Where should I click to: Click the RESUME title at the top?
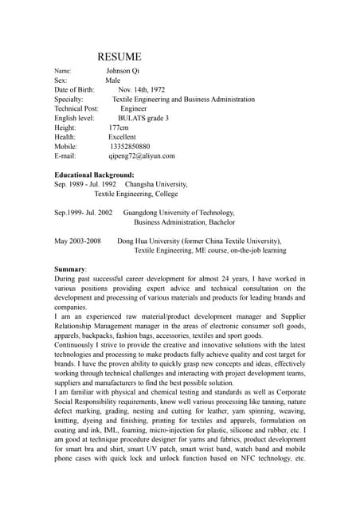[x=119, y=57]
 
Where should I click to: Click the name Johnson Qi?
[x=123, y=71]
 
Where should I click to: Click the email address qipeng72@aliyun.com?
[x=142, y=156]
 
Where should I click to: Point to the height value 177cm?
[x=119, y=127]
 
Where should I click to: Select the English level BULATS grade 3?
[x=143, y=118]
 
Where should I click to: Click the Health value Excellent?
[x=122, y=137]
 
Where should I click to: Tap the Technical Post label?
[x=76, y=108]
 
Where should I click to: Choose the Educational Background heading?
[x=94, y=175]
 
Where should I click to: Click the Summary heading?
[x=71, y=269]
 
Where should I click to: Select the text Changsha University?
[x=151, y=184]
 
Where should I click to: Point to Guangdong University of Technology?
[x=179, y=213]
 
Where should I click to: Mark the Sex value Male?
[x=113, y=80]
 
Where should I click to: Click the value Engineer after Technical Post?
[x=134, y=108]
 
